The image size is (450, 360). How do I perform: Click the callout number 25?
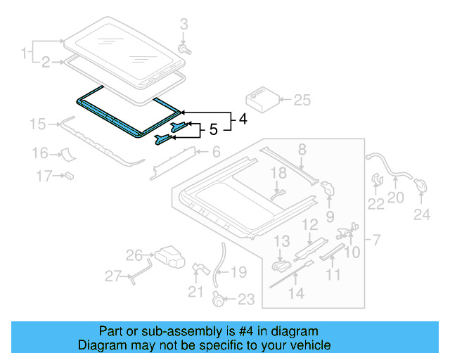[x=302, y=101]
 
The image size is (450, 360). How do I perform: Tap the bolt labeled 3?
[x=186, y=50]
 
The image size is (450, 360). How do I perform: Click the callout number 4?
[x=242, y=120]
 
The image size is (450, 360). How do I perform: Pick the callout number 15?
[x=37, y=125]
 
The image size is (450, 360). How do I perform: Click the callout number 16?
[x=39, y=153]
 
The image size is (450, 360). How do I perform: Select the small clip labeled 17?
[x=70, y=174]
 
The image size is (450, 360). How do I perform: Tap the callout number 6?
[x=217, y=151]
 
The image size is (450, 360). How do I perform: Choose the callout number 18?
[x=279, y=172]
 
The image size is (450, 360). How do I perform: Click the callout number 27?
[x=113, y=276]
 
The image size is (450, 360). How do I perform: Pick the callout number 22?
[x=376, y=204]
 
